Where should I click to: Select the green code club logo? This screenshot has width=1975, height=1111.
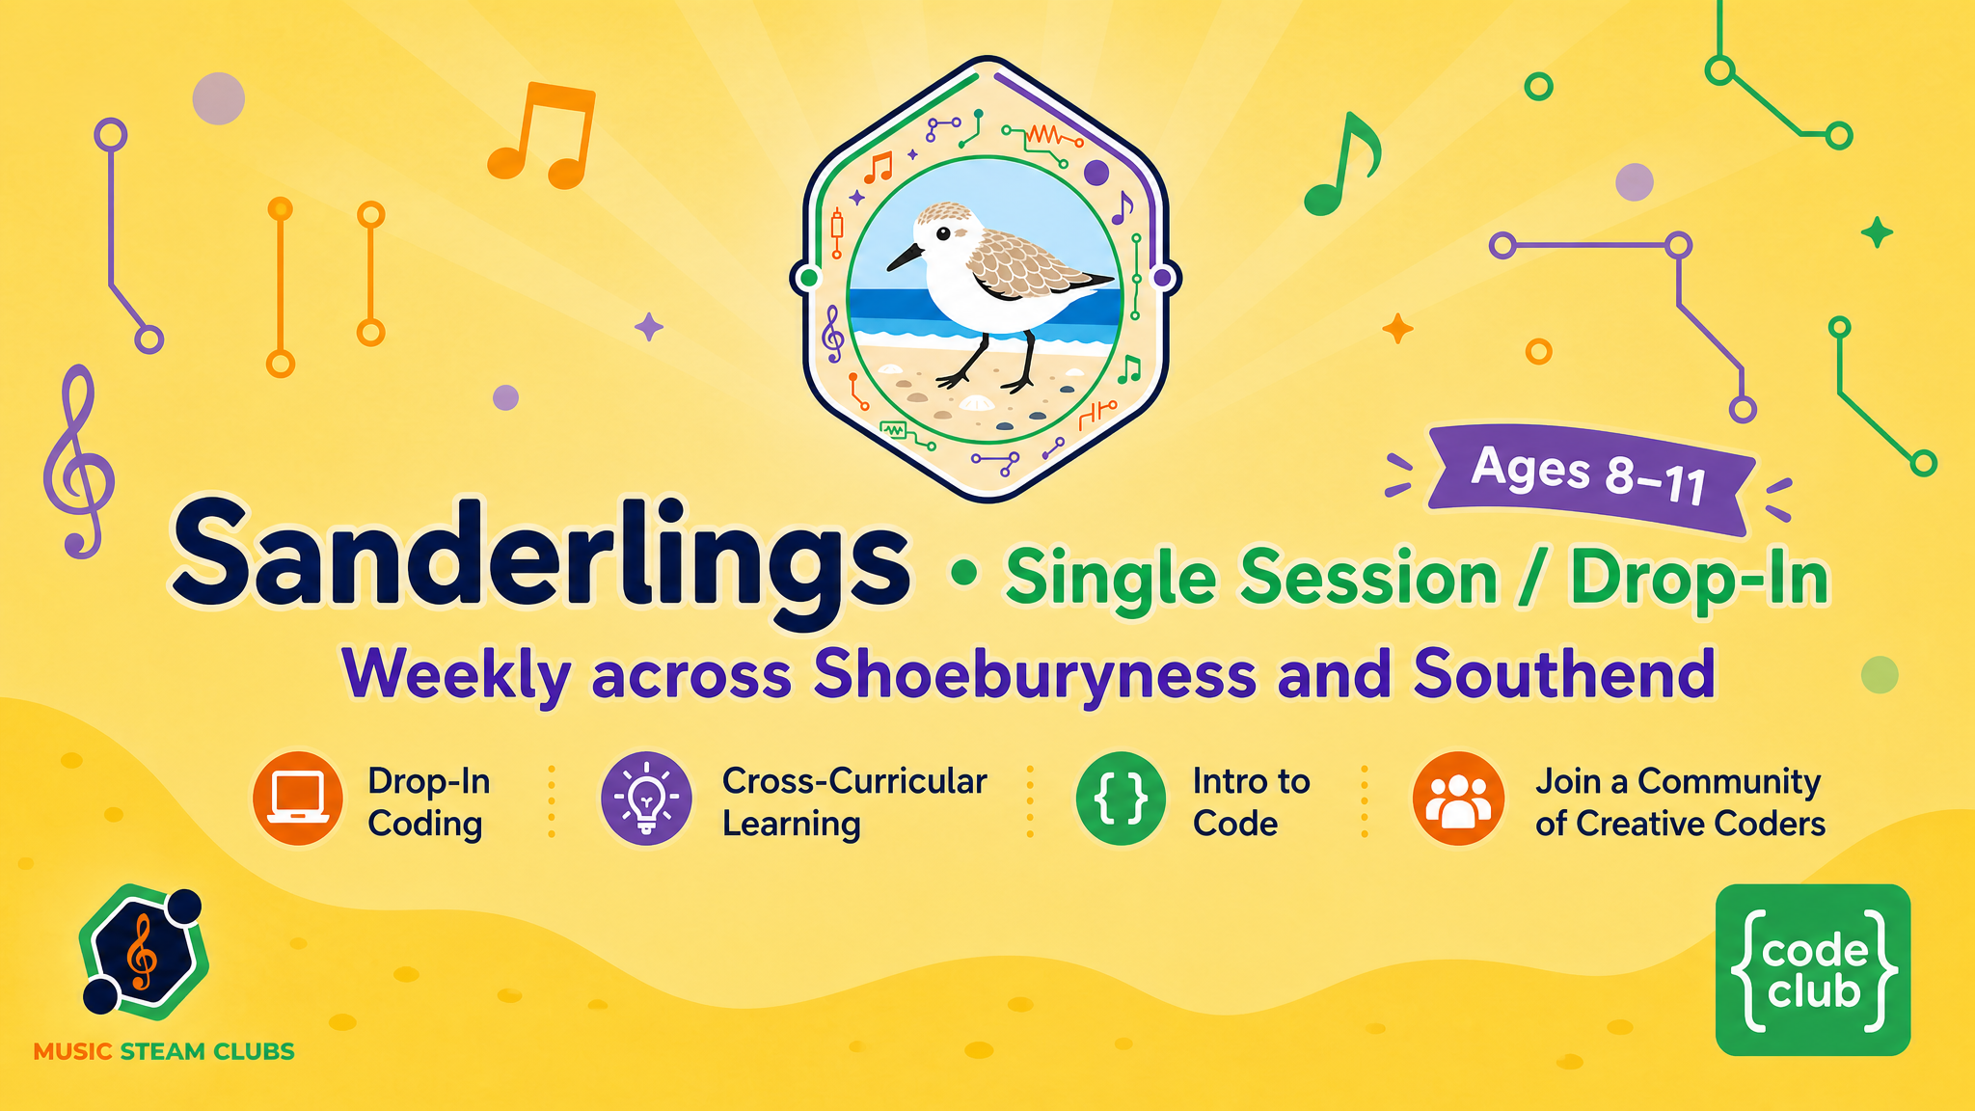(1813, 969)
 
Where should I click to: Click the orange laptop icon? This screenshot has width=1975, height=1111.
(298, 799)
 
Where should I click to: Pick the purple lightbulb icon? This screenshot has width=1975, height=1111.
(646, 799)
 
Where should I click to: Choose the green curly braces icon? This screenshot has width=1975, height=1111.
(1122, 799)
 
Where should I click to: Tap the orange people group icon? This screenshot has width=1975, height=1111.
(1458, 799)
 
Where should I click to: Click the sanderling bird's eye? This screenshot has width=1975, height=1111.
(941, 233)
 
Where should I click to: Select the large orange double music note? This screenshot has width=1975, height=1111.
(541, 135)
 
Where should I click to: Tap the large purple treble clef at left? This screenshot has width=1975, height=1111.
(79, 461)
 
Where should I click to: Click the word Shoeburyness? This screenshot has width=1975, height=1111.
(1035, 674)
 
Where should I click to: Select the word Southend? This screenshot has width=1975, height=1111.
(1564, 672)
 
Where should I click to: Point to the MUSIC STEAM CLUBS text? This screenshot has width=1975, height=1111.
(164, 1051)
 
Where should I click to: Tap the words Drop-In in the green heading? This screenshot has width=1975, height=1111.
(1699, 579)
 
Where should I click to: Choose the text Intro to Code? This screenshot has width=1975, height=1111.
(1252, 801)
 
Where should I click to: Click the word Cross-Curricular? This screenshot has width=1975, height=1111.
(854, 781)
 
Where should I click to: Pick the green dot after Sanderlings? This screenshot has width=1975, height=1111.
(963, 574)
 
